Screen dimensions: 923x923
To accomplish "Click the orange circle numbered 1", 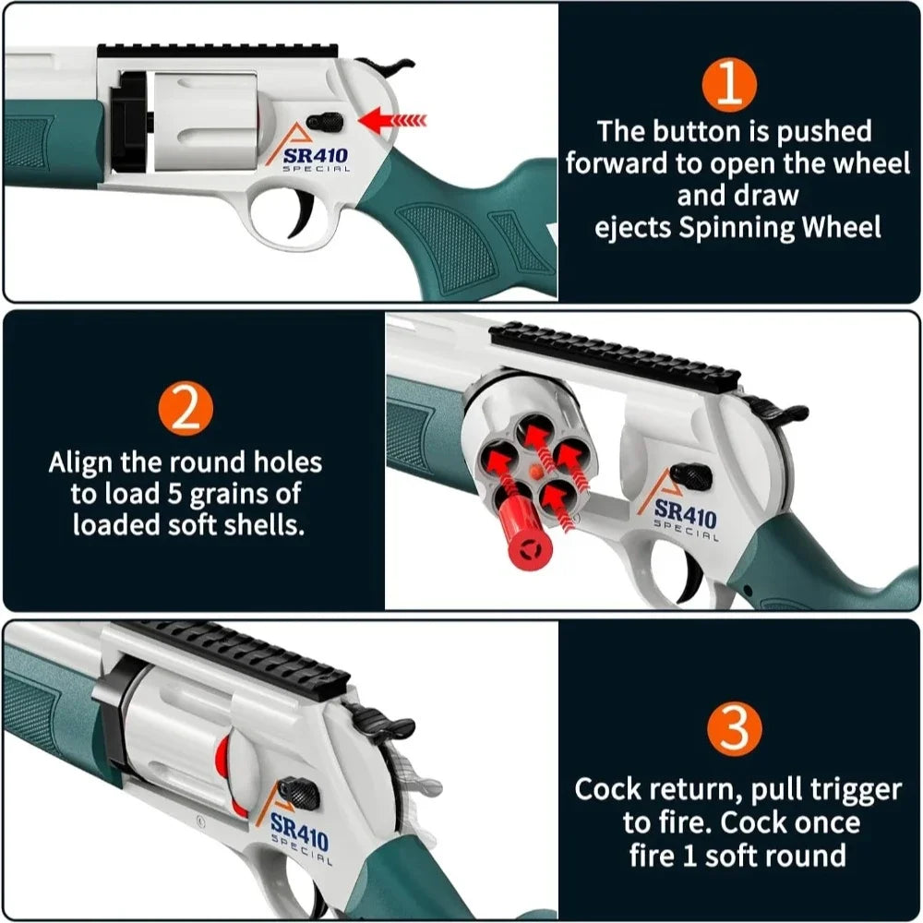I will click(x=729, y=84).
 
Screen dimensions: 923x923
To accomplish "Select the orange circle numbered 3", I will click(x=734, y=729).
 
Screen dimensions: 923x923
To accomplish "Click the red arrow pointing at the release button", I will click(x=392, y=119).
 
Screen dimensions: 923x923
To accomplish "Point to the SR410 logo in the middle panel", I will click(x=684, y=514).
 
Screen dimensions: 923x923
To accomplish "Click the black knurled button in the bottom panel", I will click(x=300, y=791).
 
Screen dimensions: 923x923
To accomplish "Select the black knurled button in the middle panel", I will click(x=692, y=476).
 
